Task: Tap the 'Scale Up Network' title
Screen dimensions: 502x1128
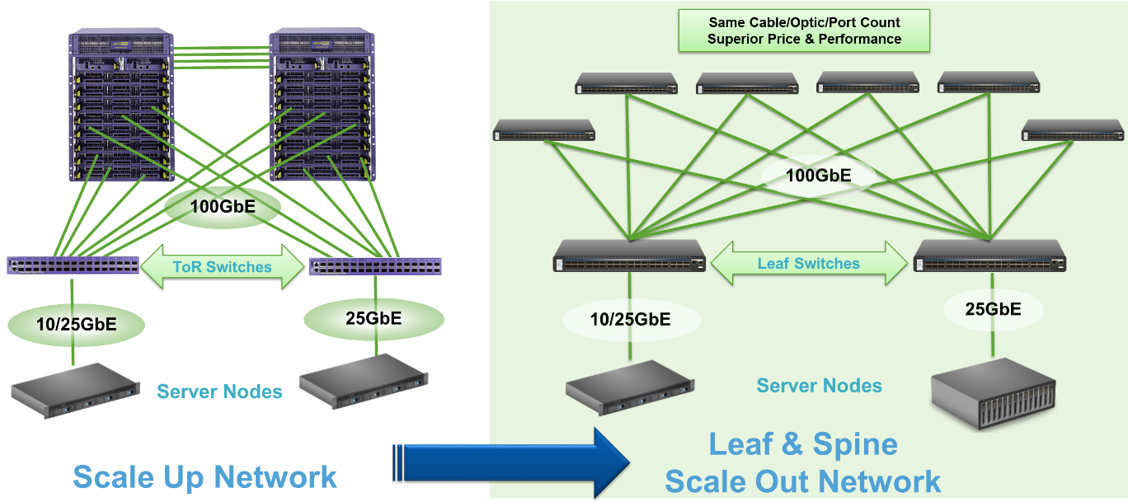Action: tap(204, 476)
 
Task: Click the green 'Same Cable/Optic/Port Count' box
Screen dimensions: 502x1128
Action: tap(804, 30)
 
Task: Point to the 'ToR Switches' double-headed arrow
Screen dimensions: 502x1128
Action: tap(223, 267)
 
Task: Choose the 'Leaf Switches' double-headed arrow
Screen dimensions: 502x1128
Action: tap(808, 264)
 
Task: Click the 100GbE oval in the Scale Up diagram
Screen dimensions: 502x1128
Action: tap(223, 206)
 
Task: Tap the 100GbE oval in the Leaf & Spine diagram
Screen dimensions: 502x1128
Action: tap(816, 175)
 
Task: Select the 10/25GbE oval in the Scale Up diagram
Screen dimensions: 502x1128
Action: tap(77, 324)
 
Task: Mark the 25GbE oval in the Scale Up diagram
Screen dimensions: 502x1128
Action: tap(374, 319)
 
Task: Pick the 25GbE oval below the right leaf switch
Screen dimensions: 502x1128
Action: tap(993, 309)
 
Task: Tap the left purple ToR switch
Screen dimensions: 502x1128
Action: tap(73, 265)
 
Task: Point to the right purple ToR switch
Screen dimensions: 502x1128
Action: tap(375, 266)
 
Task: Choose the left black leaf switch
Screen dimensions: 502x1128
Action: tap(629, 256)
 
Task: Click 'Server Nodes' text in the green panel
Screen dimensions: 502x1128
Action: tap(819, 385)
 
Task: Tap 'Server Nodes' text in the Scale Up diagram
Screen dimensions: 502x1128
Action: tap(219, 391)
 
